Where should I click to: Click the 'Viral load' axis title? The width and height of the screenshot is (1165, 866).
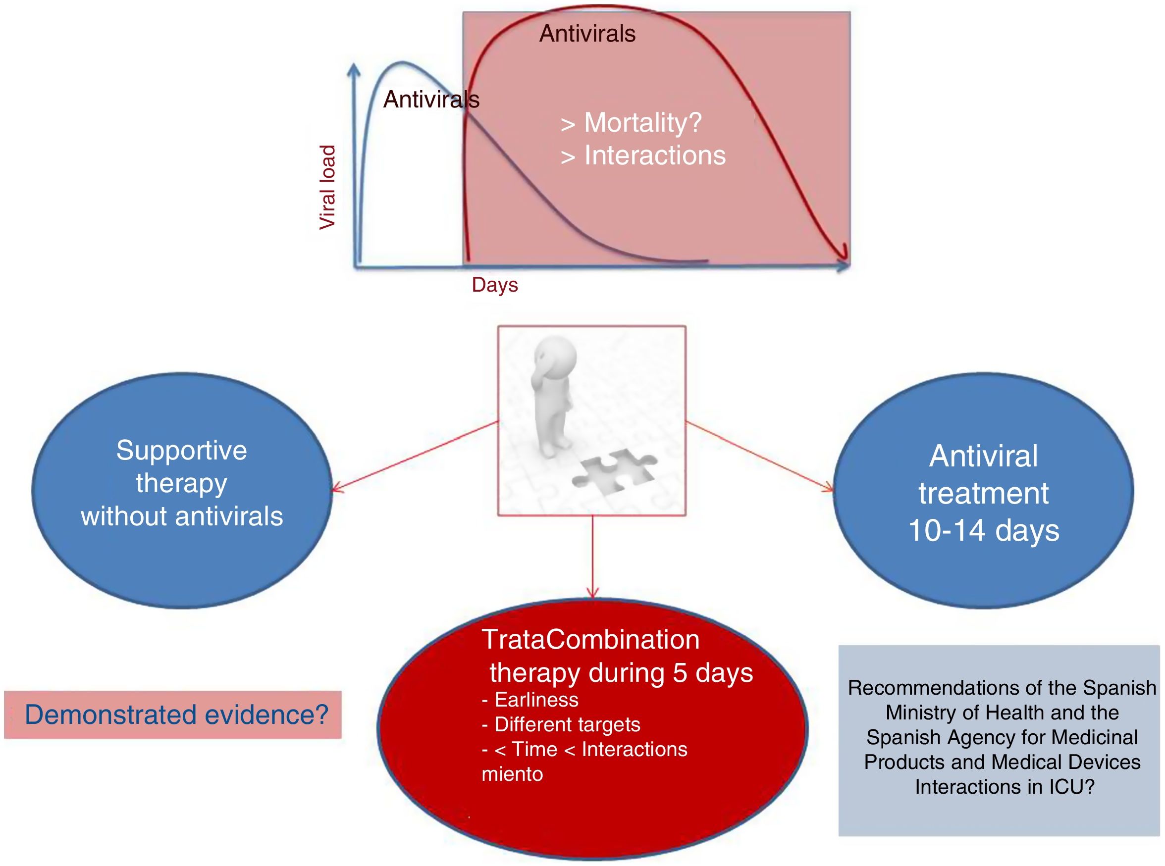[327, 187]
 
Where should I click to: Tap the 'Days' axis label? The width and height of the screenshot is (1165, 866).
[494, 285]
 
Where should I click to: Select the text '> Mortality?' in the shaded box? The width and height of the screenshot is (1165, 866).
[631, 123]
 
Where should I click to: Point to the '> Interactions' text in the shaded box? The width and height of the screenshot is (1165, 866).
[643, 155]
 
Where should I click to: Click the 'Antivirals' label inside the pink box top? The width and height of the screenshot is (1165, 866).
[587, 34]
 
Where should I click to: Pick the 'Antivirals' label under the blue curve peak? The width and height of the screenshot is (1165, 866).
[431, 100]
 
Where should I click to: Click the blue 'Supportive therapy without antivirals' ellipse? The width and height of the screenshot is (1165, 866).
[181, 490]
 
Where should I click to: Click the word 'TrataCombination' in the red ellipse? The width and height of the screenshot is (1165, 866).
[590, 640]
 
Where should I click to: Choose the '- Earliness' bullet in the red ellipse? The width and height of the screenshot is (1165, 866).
[530, 700]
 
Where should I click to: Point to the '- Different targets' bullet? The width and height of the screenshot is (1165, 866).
[561, 724]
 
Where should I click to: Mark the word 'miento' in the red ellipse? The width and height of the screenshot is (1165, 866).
[512, 774]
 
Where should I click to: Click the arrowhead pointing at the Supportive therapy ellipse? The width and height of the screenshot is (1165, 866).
[335, 490]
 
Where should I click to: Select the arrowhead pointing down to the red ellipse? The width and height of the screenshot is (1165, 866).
[592, 594]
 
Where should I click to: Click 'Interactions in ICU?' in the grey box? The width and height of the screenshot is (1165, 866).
[1005, 786]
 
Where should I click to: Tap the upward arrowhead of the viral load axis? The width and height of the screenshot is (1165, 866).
[355, 68]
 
